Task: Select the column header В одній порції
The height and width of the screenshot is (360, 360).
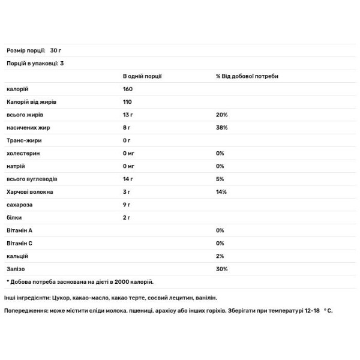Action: coord(142,76)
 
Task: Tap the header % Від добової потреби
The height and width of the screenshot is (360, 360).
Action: coord(247,76)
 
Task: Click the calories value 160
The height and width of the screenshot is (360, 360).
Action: coord(128,89)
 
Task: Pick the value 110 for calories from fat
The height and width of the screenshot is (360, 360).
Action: coord(127,102)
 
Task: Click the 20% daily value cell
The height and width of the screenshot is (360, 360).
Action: coord(221,115)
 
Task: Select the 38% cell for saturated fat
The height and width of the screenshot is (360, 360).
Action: coord(221,128)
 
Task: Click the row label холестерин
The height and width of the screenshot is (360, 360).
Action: coord(23,154)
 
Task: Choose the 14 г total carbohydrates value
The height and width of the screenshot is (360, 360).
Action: coord(128,179)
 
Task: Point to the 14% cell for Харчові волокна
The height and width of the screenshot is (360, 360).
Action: coord(221,192)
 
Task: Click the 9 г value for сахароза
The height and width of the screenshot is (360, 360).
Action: coord(127,205)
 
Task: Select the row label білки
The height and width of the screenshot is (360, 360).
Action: coord(14,218)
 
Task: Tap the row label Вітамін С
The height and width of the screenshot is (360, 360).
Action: coord(20,244)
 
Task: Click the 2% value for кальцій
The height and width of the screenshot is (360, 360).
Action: coord(220,256)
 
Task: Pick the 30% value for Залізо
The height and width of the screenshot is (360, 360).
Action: coord(221,269)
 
